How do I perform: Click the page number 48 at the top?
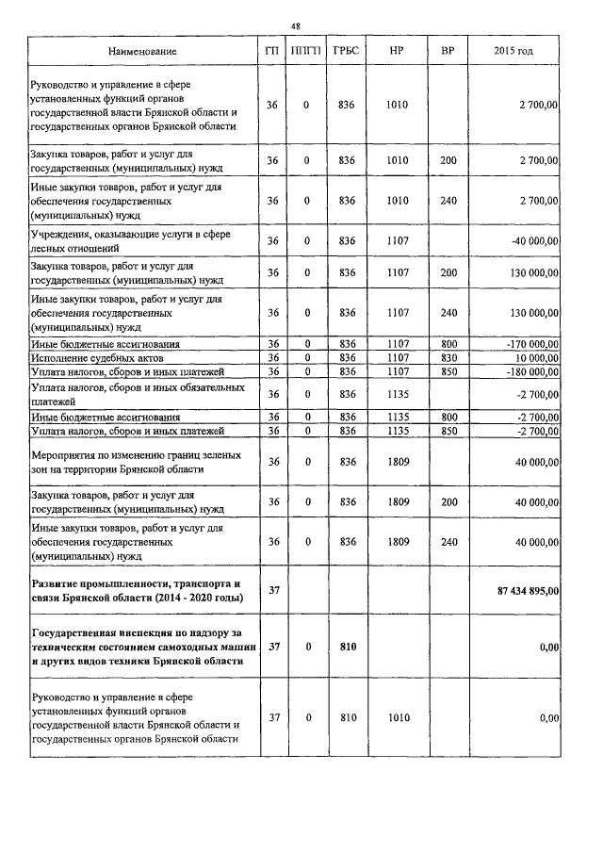pyautogui.click(x=295, y=26)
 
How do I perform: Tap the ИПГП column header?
pyautogui.click(x=305, y=50)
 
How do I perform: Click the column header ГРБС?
pyautogui.click(x=345, y=50)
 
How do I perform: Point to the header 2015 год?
pyautogui.click(x=513, y=50)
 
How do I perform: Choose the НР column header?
pyautogui.click(x=397, y=50)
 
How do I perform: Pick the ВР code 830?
pyautogui.click(x=448, y=359)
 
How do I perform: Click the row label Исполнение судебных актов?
pyautogui.click(x=98, y=359)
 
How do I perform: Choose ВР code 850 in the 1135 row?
pyautogui.click(x=448, y=431)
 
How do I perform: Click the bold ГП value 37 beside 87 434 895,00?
pyautogui.click(x=274, y=591)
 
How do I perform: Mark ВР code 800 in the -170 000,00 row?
pyautogui.click(x=448, y=346)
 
